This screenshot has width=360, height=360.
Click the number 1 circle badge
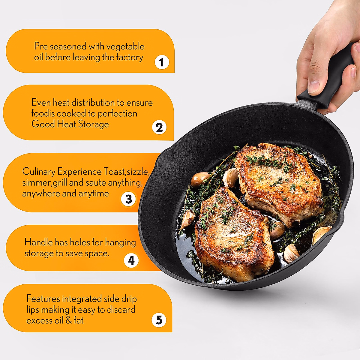(162, 62)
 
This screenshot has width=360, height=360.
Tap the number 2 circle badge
(159, 127)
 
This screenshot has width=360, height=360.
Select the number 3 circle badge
(128, 199)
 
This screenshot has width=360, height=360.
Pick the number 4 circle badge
(131, 260)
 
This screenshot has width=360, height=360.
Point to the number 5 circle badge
(159, 319)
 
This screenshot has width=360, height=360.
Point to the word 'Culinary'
(38, 172)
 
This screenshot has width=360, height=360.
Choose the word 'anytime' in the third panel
(93, 193)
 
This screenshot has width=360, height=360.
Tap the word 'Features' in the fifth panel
(43, 299)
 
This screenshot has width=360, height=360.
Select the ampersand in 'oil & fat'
(69, 320)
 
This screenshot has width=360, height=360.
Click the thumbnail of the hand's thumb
(313, 87)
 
